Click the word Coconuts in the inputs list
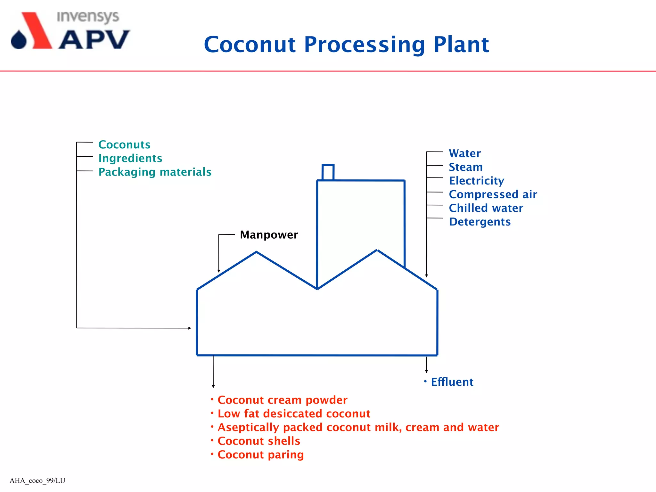pos(124,145)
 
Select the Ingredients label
pos(130,159)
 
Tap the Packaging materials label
pos(155,172)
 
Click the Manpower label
pos(269,235)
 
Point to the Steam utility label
pos(465,167)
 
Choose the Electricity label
pos(476,181)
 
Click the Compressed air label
pos(493,194)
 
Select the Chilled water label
pos(486,208)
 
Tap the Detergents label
pos(480,222)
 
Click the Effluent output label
pos(452,382)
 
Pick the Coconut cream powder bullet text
pos(282,400)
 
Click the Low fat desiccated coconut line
pos(294,414)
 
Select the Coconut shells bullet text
pos(258,441)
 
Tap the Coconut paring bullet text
pos(260,455)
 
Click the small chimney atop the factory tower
pos(328,172)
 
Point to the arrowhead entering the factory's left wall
pos(190,328)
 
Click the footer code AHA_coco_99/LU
pos(37,480)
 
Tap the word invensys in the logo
pos(88,17)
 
